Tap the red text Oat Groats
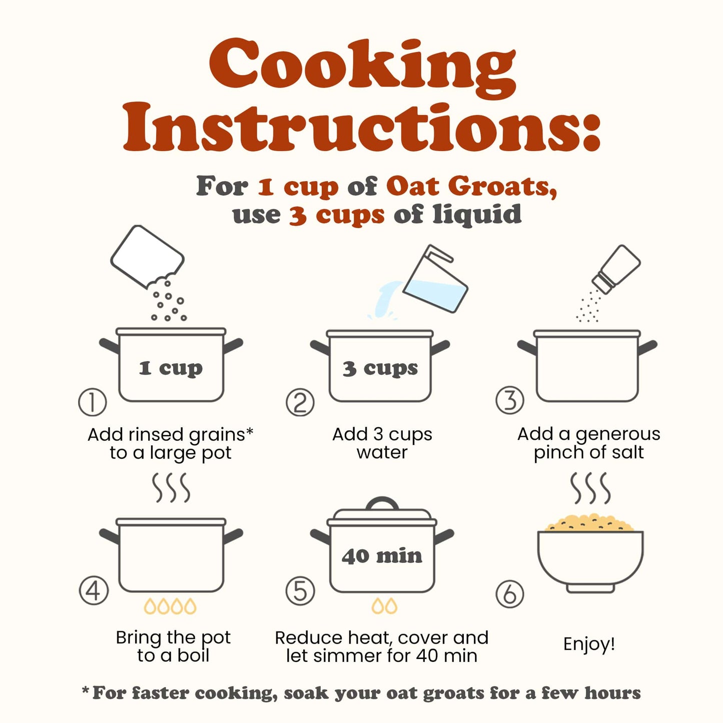[x=472, y=186]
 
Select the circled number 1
[x=92, y=402]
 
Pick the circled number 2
[x=300, y=403]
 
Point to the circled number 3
[x=509, y=400]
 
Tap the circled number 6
[x=509, y=594]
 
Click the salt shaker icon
[x=616, y=269]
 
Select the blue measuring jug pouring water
[x=435, y=279]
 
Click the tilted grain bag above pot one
[x=147, y=257]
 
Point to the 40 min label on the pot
[x=382, y=556]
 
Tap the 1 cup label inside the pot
[x=171, y=368]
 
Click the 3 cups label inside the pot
[x=380, y=368]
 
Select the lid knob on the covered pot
[x=382, y=503]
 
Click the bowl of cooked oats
[x=590, y=553]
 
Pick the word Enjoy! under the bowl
[x=589, y=644]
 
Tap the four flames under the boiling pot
[x=170, y=606]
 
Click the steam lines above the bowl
[x=590, y=488]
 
